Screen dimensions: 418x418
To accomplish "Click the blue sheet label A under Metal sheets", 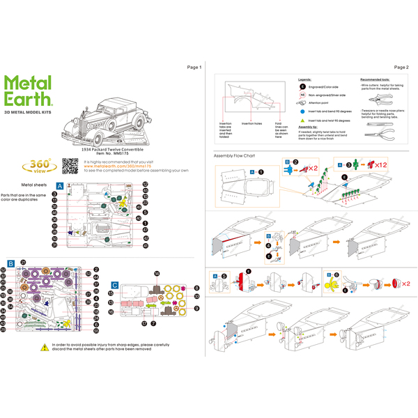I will click(59, 186).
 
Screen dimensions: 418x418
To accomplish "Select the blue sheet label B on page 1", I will click(11, 263).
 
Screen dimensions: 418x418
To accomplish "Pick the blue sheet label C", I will click(114, 285).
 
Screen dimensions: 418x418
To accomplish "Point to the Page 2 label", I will click(401, 67).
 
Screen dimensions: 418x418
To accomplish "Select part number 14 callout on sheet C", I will click(157, 273).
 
